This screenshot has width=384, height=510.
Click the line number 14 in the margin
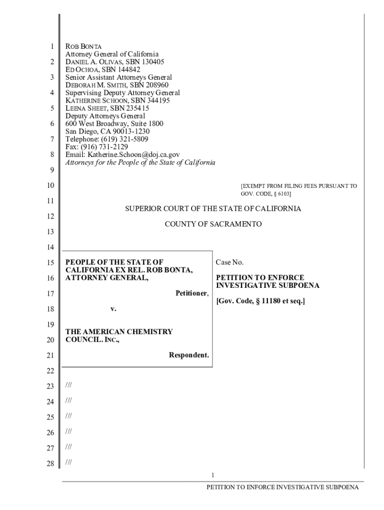(49, 248)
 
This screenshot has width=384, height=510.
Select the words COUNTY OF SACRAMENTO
(213, 225)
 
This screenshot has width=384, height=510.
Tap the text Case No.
(229, 262)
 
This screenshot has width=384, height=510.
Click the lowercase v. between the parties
(113, 309)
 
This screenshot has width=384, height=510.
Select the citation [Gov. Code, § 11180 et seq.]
(260, 301)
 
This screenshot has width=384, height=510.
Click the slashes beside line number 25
(68, 416)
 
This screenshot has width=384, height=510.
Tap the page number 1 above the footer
(212, 475)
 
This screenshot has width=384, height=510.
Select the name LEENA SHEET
(86, 108)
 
